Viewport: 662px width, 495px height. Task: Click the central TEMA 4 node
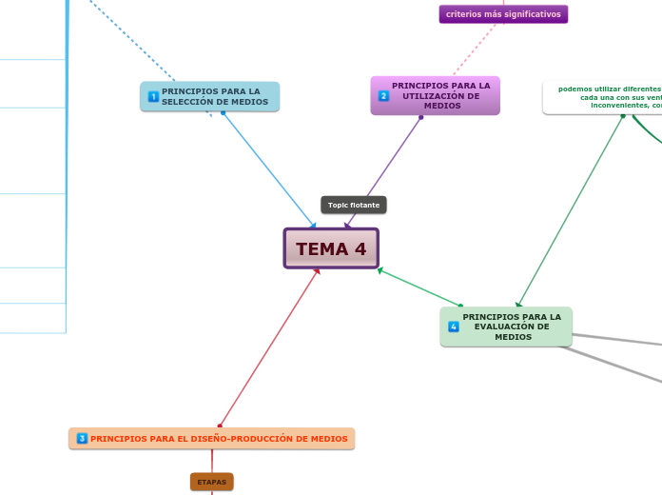[x=331, y=248]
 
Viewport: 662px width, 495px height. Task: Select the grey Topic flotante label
[x=354, y=205]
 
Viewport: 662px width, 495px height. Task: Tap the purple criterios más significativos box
[x=503, y=14]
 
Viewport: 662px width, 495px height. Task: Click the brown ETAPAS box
[x=211, y=483]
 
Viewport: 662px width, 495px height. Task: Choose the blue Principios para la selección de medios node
[x=210, y=96]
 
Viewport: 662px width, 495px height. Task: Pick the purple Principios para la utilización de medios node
[x=435, y=95]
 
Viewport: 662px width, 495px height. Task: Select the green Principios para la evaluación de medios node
[x=506, y=327]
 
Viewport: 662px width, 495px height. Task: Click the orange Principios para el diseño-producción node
[x=212, y=439]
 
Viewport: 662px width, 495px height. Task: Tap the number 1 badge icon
[x=153, y=96]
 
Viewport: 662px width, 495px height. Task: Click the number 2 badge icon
[x=383, y=95]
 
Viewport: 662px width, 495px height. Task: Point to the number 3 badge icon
[x=82, y=439]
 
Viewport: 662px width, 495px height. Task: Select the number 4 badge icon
[x=454, y=327]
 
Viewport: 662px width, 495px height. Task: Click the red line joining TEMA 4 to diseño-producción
[x=269, y=347]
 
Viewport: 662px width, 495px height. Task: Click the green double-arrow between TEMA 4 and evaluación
[x=419, y=287]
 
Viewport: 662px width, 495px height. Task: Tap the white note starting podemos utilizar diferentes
[x=604, y=96]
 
